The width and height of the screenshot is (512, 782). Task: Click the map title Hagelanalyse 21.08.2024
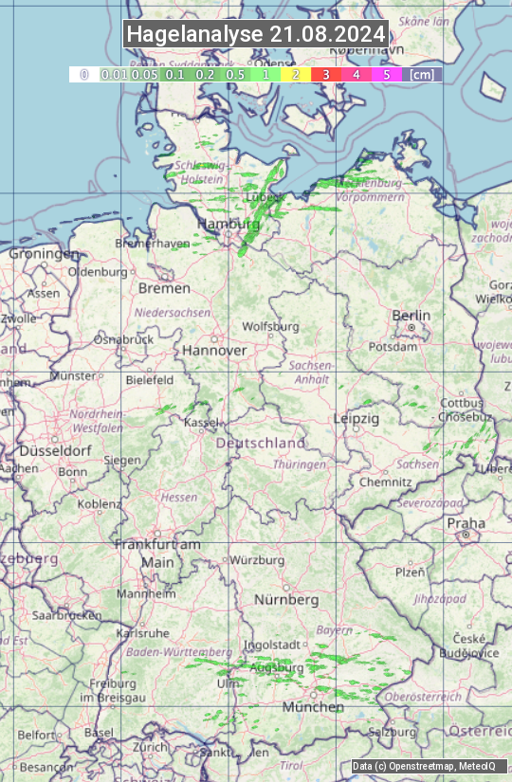[x=256, y=34]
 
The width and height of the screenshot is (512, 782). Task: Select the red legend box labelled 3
[x=325, y=74]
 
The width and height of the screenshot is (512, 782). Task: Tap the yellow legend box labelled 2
[x=295, y=74]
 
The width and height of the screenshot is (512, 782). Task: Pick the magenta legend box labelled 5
[x=386, y=74]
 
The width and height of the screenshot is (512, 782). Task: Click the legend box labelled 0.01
[x=114, y=74]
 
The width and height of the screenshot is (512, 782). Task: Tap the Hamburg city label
[x=228, y=225]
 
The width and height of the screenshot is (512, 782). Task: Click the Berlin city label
[x=411, y=316]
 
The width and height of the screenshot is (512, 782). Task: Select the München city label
[x=313, y=707]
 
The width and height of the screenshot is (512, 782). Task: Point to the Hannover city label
[x=214, y=351]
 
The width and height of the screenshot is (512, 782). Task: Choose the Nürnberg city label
[x=286, y=600]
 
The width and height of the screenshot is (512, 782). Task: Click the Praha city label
[x=466, y=523]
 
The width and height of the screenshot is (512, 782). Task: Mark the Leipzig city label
[x=357, y=418]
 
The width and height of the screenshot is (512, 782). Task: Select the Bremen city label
[x=164, y=288]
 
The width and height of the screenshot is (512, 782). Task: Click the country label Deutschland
[x=261, y=443]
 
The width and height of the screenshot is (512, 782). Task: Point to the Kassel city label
[x=201, y=422]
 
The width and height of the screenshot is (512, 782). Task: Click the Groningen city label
[x=44, y=254]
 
